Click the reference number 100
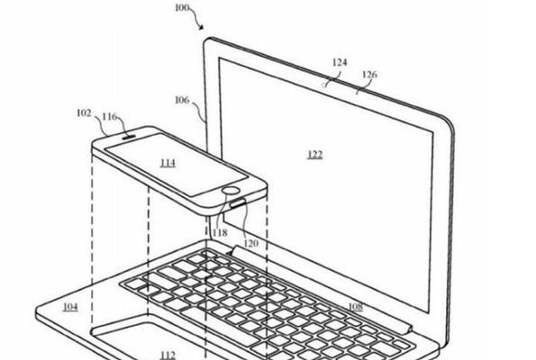point(182,7)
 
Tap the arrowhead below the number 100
point(202,26)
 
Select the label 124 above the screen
point(340,62)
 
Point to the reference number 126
point(369,74)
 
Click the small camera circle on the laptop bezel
point(324,85)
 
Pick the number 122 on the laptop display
point(314,155)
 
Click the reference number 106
point(182,100)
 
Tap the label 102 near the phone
point(84,112)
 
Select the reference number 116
point(110,116)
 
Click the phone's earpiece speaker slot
point(129,137)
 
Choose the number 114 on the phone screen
point(168,163)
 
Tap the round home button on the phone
point(232,191)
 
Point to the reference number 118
point(220,232)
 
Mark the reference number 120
point(251,243)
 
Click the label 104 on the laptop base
point(70,307)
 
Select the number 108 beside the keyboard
point(356,306)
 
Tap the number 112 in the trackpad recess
point(168,355)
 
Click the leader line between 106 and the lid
point(198,110)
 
